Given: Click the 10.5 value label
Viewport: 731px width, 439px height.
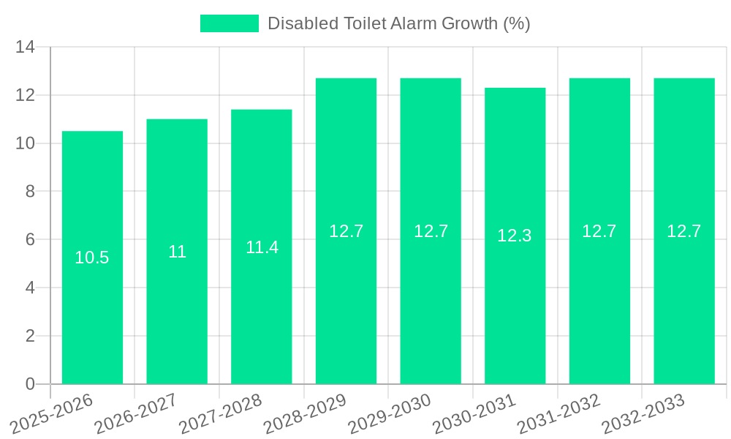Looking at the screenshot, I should click(x=92, y=258).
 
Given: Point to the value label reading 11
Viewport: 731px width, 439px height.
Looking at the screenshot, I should click(x=177, y=252).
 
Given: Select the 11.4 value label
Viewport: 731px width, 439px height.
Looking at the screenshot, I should click(x=262, y=247).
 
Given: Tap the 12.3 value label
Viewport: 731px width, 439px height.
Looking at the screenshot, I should click(x=515, y=236).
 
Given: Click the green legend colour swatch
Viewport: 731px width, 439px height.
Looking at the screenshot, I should click(x=230, y=23).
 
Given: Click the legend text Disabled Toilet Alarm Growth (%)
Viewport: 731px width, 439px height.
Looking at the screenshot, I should click(x=398, y=23).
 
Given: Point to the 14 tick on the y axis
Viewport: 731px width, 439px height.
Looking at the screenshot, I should click(x=26, y=48).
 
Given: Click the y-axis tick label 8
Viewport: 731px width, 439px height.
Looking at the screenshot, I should click(x=30, y=192).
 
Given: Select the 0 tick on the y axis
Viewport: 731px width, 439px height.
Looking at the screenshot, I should click(x=30, y=384).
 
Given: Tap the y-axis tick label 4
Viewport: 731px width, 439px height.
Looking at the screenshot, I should click(x=30, y=288).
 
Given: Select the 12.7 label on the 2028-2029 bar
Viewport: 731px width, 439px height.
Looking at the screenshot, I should click(x=346, y=231).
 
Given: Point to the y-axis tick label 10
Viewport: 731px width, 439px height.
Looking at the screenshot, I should click(x=26, y=143).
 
